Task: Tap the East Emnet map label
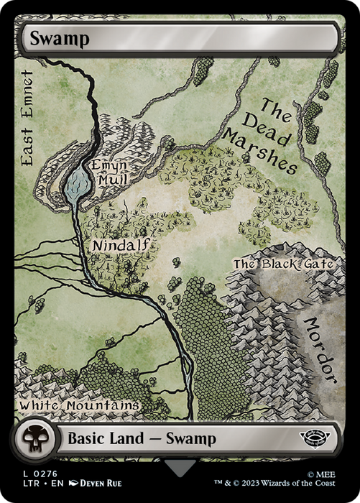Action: point(28,119)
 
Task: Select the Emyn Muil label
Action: point(109,172)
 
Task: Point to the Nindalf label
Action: point(121,246)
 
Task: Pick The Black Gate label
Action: point(283,264)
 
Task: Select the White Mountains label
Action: point(79,406)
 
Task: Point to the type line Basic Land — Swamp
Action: point(139,439)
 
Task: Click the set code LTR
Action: point(26,486)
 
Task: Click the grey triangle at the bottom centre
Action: point(180,468)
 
